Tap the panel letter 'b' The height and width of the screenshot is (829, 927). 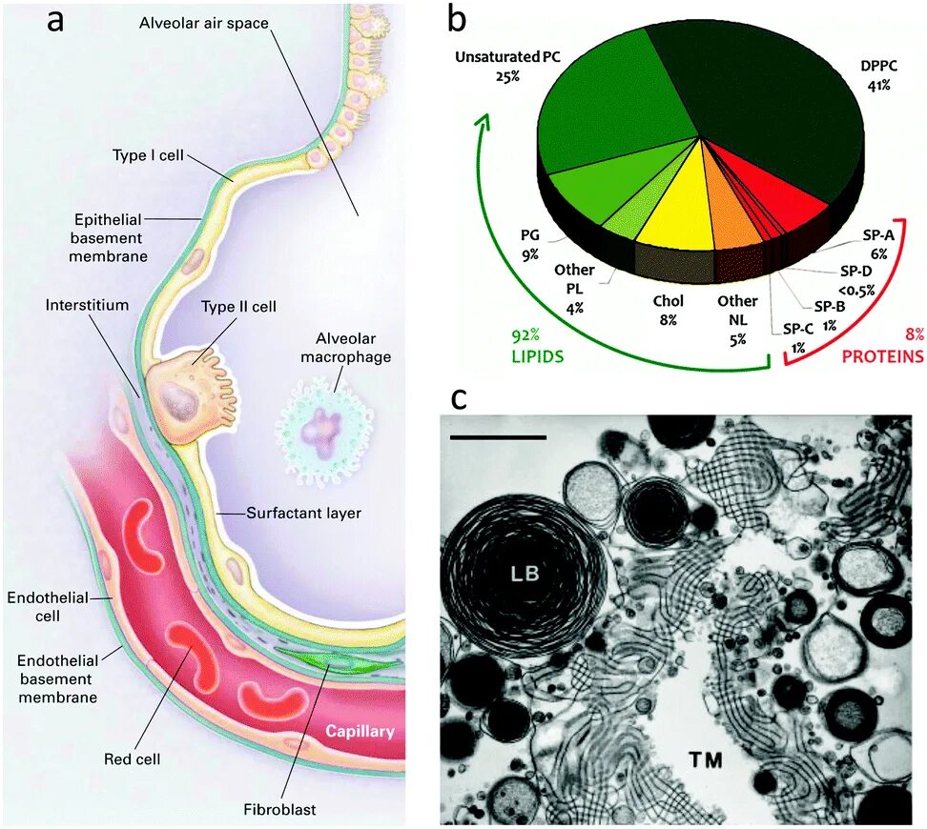click(x=458, y=21)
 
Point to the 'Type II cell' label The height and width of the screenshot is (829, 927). click(x=238, y=307)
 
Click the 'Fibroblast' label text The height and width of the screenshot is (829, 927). click(x=278, y=810)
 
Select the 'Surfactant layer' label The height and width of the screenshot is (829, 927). click(x=304, y=513)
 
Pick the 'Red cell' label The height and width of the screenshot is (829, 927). click(x=132, y=759)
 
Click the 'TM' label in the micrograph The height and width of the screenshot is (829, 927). click(x=706, y=759)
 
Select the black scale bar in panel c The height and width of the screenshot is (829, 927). click(x=498, y=437)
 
